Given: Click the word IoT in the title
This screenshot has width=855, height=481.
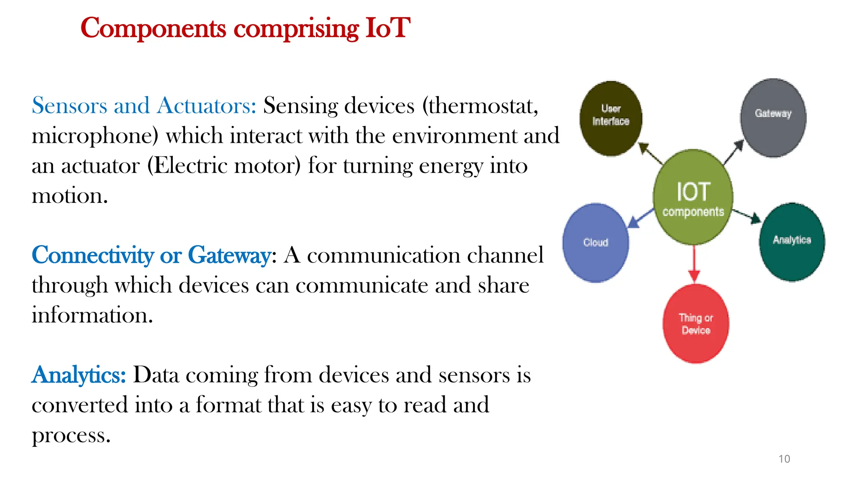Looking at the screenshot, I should point(387,28).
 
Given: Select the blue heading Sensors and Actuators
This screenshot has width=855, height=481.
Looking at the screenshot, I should point(144,106).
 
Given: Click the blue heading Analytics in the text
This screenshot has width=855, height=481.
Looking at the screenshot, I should point(78,375).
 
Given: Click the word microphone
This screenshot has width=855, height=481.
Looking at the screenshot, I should point(95,136).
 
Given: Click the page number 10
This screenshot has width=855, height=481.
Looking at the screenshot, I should point(784,459).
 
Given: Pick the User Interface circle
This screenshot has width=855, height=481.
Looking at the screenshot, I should point(611,119).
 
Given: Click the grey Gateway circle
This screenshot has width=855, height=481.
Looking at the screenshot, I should point(773,118).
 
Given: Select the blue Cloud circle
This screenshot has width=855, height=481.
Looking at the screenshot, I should point(595,243).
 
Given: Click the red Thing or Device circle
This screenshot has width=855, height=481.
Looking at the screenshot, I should point(696,324).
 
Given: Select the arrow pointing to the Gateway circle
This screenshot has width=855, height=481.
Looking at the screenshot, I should point(734,153).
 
